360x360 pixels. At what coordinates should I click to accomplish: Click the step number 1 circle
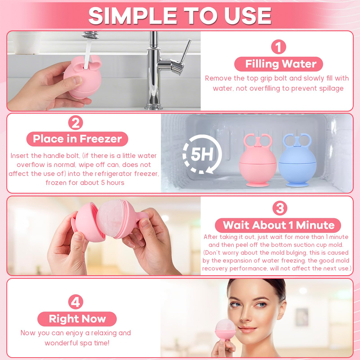click(x=278, y=47)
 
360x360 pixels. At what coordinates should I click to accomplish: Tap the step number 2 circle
click(x=76, y=123)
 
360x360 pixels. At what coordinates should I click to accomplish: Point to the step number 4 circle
click(x=76, y=302)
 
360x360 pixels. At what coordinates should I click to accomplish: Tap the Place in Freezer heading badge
click(x=77, y=139)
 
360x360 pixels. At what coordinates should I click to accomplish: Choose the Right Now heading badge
click(x=77, y=319)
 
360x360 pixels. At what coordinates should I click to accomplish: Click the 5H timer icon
click(x=202, y=154)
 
